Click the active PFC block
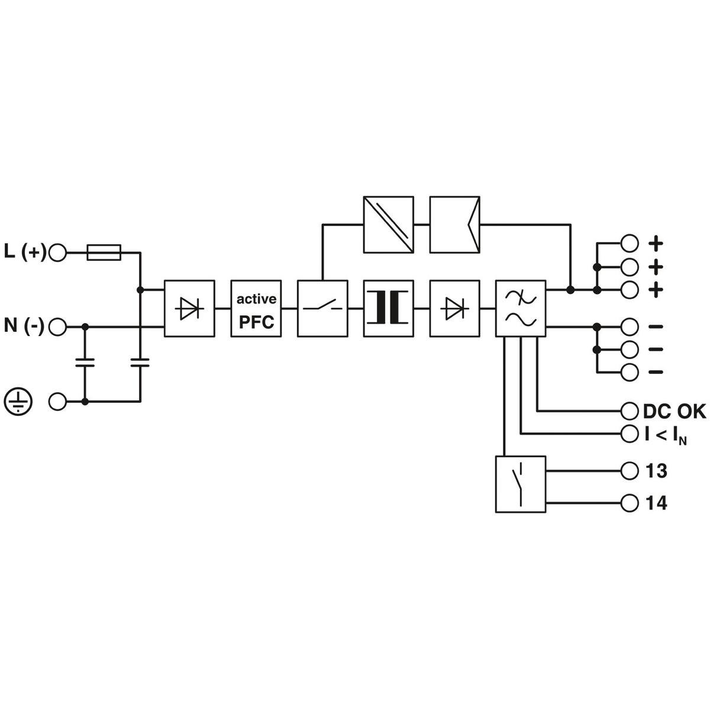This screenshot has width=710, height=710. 256,308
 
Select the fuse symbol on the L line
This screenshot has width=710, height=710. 104,253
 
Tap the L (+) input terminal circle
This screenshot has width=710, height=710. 57,253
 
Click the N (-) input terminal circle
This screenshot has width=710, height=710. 57,327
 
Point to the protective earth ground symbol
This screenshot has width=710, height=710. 18,401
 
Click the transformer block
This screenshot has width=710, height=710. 388,308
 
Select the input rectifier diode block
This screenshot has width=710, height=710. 189,308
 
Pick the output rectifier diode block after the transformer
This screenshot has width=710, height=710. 454,308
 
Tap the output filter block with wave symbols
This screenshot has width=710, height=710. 521,308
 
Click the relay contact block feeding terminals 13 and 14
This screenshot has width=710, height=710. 521,484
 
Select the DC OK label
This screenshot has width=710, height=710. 674,412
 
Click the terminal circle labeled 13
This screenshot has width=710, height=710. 630,471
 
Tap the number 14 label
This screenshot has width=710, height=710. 656,503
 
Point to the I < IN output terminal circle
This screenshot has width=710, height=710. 630,434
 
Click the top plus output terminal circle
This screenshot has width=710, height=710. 630,243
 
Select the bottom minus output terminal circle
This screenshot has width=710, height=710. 630,372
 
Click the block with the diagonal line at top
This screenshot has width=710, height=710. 388,224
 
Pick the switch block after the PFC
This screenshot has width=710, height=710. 322,308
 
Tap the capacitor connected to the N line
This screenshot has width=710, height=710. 85,363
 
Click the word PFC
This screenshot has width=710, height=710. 256,322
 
